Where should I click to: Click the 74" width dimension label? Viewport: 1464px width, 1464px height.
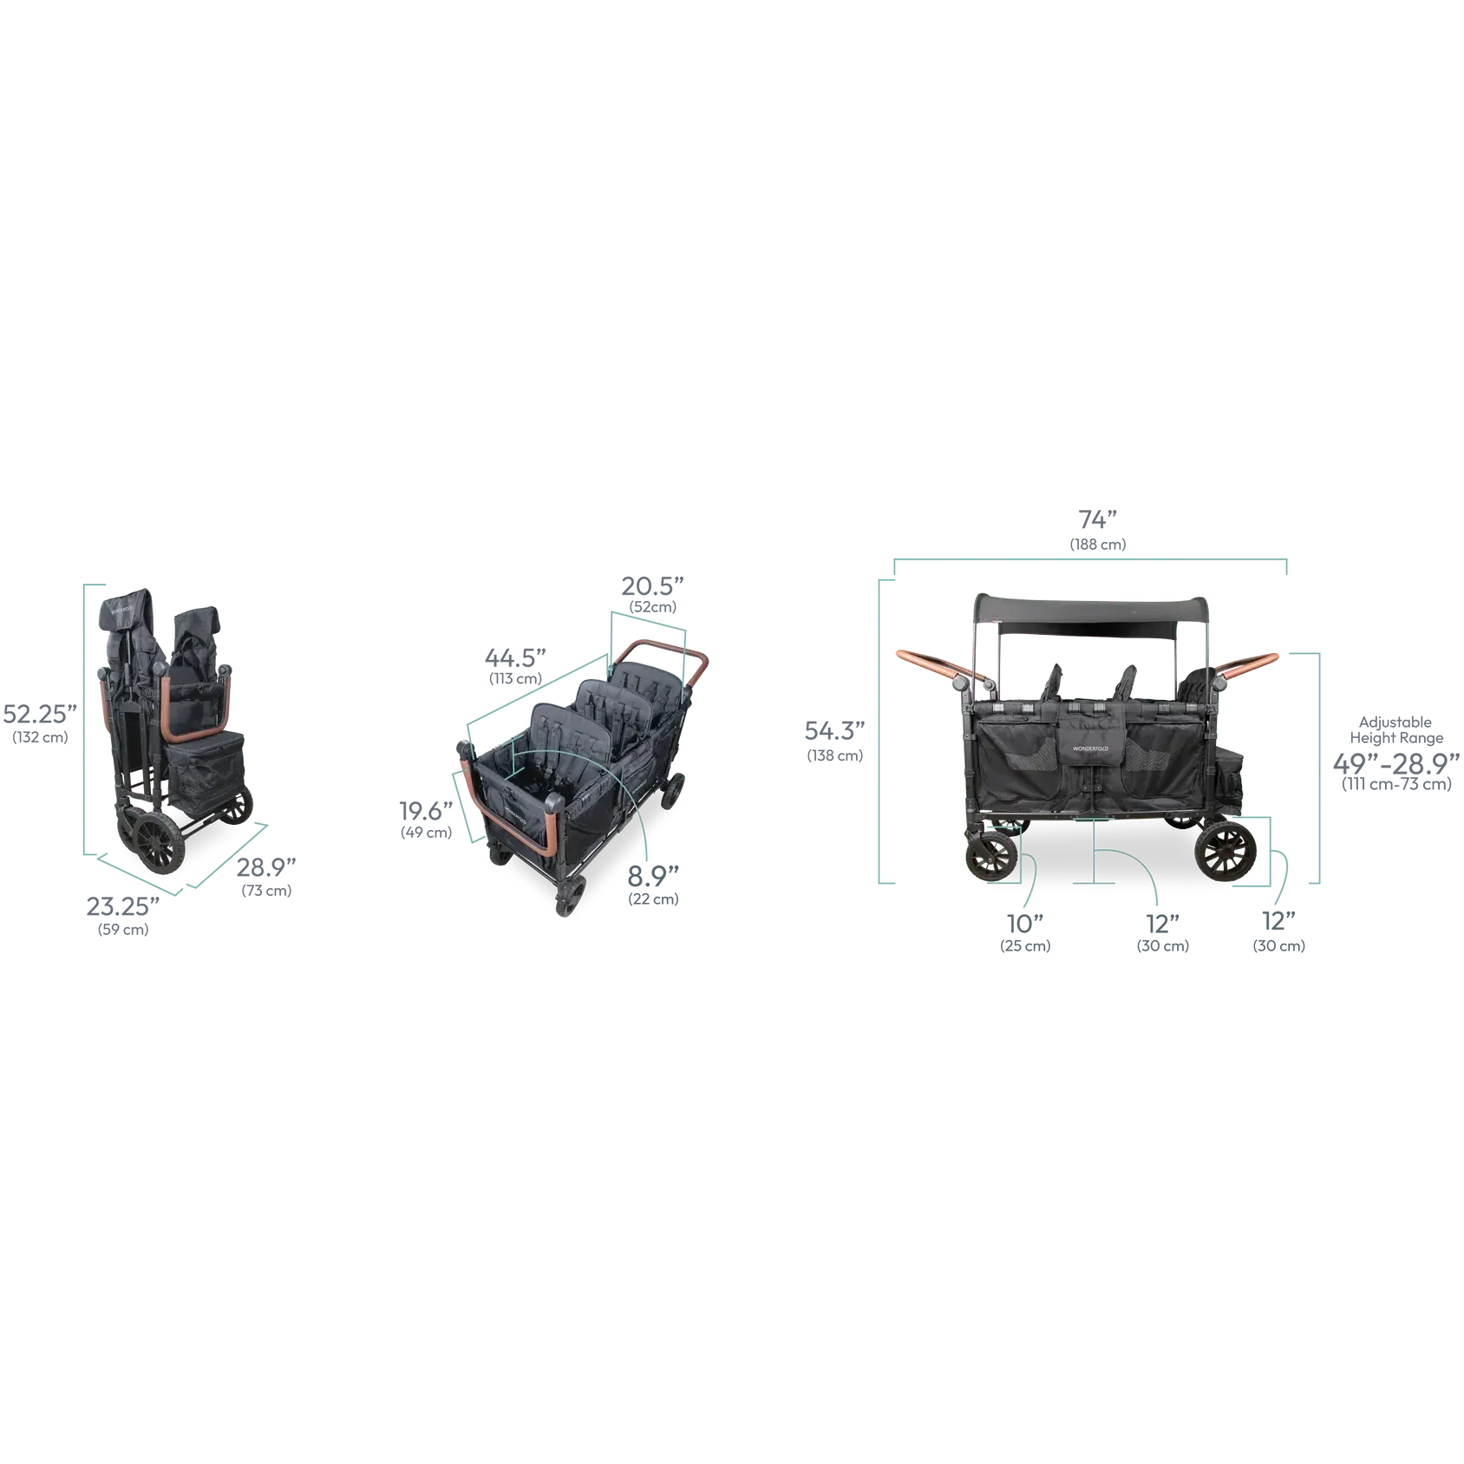pyautogui.click(x=1097, y=520)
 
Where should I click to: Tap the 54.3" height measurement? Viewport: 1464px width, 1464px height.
pyautogui.click(x=834, y=731)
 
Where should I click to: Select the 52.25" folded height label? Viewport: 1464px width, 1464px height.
pyautogui.click(x=40, y=715)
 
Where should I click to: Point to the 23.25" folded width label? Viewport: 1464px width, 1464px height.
pyautogui.click(x=122, y=906)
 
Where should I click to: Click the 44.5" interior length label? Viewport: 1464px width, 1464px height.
pyautogui.click(x=515, y=658)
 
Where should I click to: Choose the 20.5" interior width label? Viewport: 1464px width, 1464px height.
pyautogui.click(x=652, y=586)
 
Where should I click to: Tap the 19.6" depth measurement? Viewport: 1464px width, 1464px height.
pyautogui.click(x=426, y=811)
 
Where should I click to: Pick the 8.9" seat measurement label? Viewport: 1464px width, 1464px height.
pyautogui.click(x=653, y=876)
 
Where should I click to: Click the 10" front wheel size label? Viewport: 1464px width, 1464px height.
pyautogui.click(x=1025, y=924)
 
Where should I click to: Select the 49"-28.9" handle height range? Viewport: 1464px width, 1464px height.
pyautogui.click(x=1396, y=764)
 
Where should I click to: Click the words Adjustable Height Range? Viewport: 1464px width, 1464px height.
pyautogui.click(x=1396, y=730)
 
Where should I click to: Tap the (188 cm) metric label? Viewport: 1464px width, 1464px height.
pyautogui.click(x=1098, y=545)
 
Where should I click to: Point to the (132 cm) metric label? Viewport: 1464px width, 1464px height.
pyautogui.click(x=40, y=738)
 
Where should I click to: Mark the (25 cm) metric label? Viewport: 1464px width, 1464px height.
pyautogui.click(x=1025, y=946)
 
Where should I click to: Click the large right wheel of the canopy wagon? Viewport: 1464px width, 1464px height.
pyautogui.click(x=1225, y=851)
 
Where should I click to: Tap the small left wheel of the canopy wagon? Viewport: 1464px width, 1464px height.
pyautogui.click(x=991, y=857)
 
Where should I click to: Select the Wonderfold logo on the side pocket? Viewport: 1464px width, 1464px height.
pyautogui.click(x=1090, y=748)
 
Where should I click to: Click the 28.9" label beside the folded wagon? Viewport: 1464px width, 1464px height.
pyautogui.click(x=266, y=867)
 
